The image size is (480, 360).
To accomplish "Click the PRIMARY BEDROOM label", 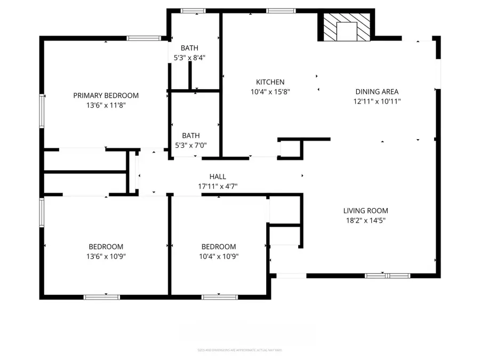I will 106,95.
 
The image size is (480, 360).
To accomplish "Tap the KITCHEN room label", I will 270,82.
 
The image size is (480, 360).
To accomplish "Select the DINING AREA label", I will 377,92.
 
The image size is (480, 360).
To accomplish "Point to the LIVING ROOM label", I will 365,211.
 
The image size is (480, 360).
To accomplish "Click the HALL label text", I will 217,177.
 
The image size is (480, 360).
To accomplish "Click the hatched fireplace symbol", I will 347,27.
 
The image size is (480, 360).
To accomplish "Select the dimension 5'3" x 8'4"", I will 189,57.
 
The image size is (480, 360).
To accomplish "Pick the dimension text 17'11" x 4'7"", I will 217,186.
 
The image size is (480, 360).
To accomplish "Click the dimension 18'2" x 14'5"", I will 365,220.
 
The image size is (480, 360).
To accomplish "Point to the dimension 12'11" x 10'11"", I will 377,101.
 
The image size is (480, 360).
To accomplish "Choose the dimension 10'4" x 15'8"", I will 270,92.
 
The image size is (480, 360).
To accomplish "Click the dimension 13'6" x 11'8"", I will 106,105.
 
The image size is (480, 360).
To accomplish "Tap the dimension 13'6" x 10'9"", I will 106,256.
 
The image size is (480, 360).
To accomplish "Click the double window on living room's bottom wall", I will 387,276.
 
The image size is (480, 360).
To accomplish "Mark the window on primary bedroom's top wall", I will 143,38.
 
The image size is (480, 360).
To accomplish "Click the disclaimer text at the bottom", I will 239,350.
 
